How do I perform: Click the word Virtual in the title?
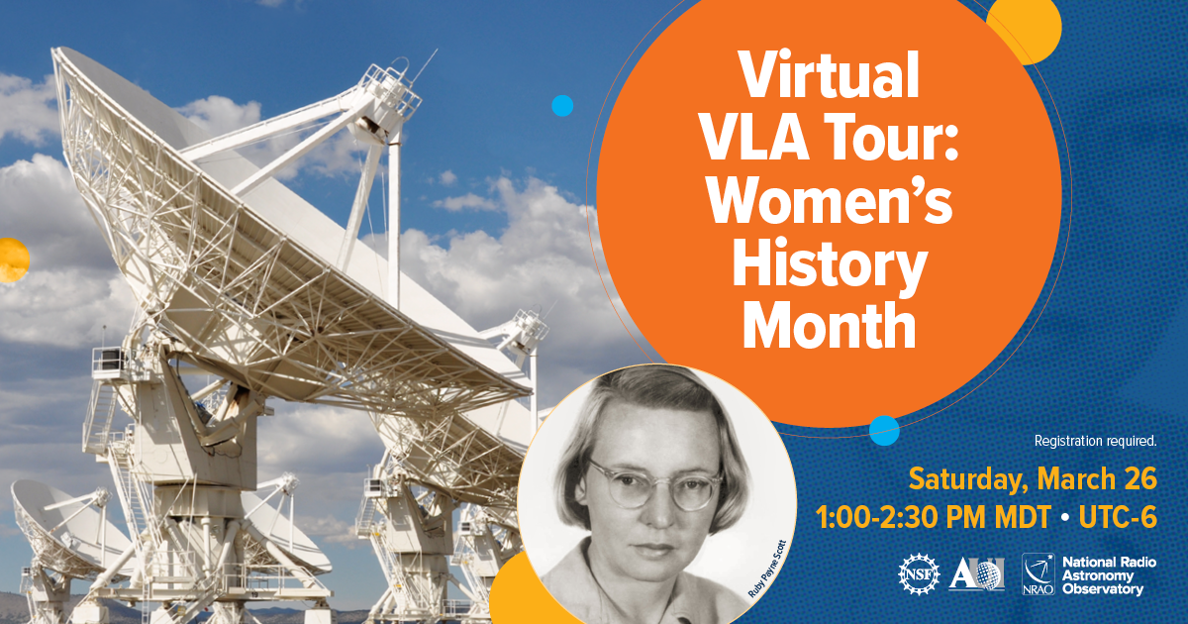point(829,74)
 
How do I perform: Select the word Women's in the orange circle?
point(830,201)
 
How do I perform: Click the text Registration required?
point(1095,441)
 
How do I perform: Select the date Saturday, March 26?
point(1033,479)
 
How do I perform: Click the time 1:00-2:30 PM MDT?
point(934,517)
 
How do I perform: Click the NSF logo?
point(919,574)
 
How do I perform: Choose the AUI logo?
point(976,573)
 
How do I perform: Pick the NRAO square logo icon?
point(1039,574)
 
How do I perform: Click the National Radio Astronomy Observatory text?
point(1109,575)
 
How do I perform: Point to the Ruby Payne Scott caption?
point(767,569)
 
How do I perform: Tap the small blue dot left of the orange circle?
point(562,106)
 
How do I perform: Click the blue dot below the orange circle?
point(884,431)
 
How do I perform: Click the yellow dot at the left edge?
point(13,260)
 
